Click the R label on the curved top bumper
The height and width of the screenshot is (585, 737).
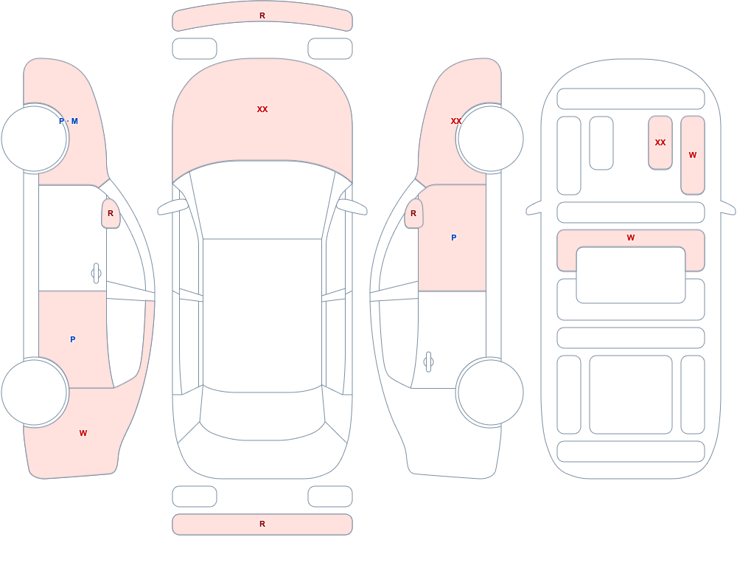(262, 15)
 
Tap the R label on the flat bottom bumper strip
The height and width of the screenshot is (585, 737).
(262, 524)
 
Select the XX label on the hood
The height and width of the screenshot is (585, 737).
(262, 109)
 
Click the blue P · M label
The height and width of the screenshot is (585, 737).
(69, 121)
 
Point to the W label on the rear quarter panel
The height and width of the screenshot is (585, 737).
(83, 433)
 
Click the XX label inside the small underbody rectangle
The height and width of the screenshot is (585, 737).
(660, 142)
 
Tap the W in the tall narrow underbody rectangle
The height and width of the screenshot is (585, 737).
(692, 155)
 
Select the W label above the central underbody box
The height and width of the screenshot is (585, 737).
(631, 238)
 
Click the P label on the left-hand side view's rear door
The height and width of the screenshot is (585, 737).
(72, 339)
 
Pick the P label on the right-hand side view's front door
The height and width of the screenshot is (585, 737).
(453, 238)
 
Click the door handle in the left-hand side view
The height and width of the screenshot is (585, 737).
(96, 273)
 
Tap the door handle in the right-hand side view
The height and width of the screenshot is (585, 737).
(428, 362)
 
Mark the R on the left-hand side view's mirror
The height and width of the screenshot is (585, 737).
(111, 213)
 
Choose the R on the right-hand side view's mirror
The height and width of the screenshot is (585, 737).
(413, 213)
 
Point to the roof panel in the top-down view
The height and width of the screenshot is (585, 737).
(262, 315)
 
